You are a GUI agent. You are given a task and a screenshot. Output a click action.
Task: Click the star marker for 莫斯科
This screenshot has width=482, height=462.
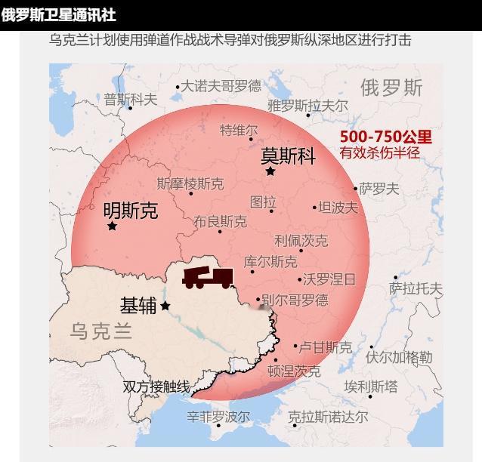pyautogui.click(x=270, y=171)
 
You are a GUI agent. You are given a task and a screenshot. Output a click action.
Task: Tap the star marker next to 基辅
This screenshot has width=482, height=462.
pyautogui.click(x=165, y=306)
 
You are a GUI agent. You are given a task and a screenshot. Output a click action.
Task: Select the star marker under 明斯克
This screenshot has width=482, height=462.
pyautogui.click(x=113, y=226)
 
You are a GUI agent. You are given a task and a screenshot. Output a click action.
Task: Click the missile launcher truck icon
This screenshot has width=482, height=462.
pyautogui.click(x=208, y=277)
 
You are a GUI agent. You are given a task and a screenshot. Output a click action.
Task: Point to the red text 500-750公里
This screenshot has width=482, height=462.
pyautogui.click(x=385, y=137)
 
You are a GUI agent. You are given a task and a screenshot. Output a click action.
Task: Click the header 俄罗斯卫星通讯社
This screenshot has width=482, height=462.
pyautogui.click(x=58, y=15)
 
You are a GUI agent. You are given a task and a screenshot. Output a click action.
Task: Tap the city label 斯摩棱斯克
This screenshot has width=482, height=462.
pyautogui.click(x=190, y=183)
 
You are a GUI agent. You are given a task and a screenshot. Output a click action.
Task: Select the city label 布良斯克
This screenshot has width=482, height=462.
pyautogui.click(x=220, y=222)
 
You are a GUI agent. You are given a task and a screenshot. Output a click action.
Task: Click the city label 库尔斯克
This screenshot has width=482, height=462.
pyautogui.click(x=270, y=262)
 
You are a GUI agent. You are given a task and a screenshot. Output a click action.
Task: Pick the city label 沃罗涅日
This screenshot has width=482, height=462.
pyautogui.click(x=329, y=279)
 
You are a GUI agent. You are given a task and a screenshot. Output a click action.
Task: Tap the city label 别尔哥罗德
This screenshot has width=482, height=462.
pyautogui.click(x=295, y=300)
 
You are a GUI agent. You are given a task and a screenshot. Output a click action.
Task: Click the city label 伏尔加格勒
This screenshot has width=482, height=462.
pyautogui.click(x=399, y=357)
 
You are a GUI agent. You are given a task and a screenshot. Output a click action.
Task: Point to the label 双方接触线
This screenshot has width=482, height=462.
pyautogui.click(x=156, y=387)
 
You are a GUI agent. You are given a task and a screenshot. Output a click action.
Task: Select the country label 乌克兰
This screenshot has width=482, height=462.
pyautogui.click(x=100, y=331)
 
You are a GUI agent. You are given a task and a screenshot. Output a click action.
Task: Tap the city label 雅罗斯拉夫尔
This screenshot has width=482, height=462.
pyautogui.click(x=307, y=106)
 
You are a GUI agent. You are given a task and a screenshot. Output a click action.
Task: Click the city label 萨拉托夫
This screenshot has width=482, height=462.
pyautogui.click(x=416, y=288)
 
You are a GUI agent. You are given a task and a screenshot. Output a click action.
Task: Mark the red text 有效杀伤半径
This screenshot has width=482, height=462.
pyautogui.click(x=379, y=153)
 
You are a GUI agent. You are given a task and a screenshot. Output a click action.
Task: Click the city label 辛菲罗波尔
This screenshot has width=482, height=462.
pyautogui.click(x=218, y=417)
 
